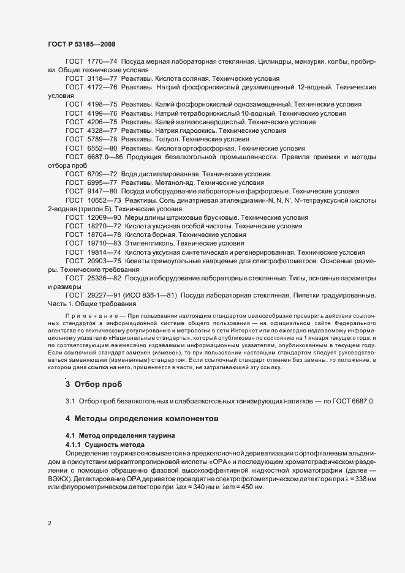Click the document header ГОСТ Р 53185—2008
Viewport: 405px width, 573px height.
click(x=81, y=44)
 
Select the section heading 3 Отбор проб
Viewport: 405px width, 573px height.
click(x=93, y=384)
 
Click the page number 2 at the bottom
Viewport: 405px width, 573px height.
click(x=49, y=523)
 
